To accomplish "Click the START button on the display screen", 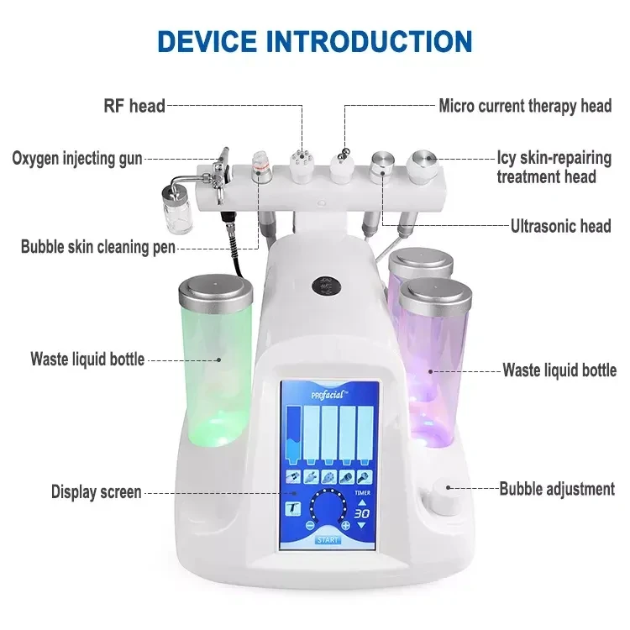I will tap(327, 539).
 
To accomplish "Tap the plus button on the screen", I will tap(345, 524).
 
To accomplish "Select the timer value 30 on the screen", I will tap(361, 512).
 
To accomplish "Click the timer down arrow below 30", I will tap(361, 525).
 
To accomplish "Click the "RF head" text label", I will tap(134, 107).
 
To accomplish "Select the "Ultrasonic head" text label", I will tap(560, 226).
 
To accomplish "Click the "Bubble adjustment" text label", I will tap(557, 489).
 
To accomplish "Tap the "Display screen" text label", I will tap(96, 491).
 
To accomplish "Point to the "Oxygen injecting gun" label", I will tap(77, 157).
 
